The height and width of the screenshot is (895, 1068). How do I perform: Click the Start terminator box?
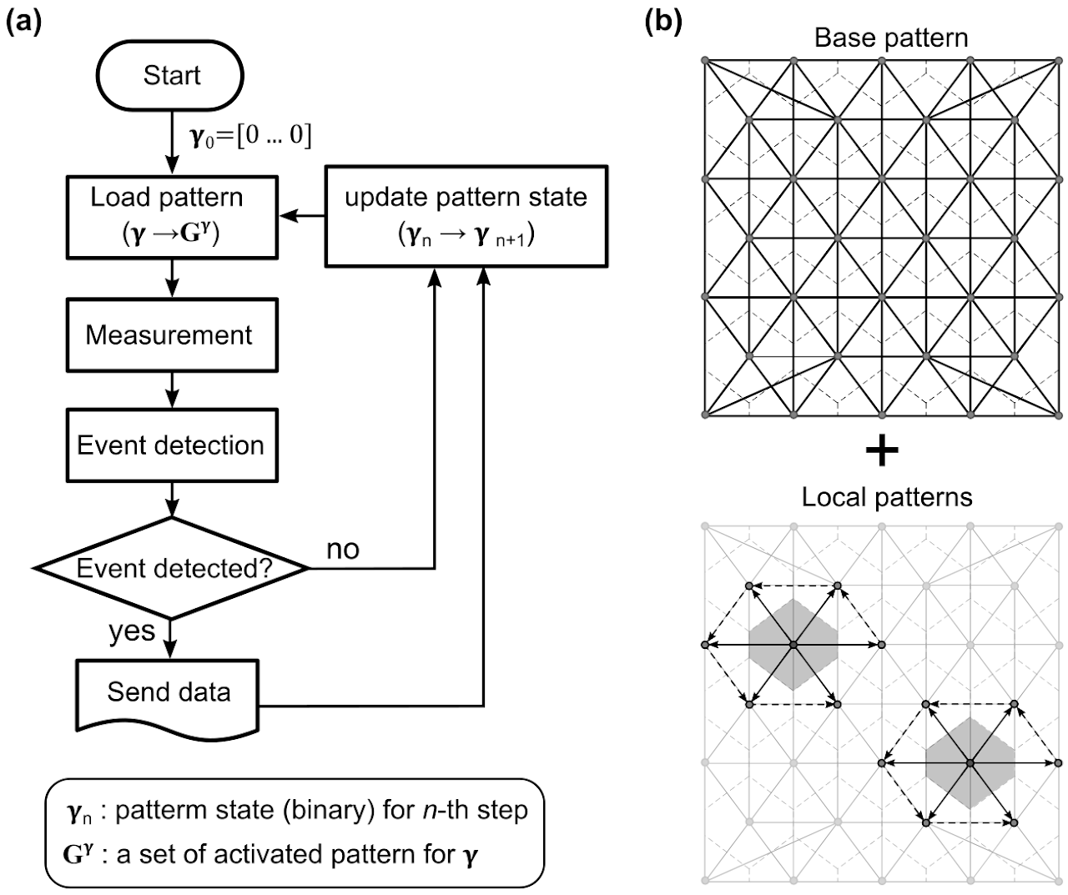tap(171, 75)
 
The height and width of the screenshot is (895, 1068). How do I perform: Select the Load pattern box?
tap(170, 216)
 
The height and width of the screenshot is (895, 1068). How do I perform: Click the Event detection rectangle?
tap(170, 445)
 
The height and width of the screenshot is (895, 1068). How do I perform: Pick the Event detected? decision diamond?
tap(171, 569)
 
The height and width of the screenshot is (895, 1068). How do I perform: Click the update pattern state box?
tap(465, 216)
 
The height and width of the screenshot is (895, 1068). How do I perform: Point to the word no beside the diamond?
tap(342, 549)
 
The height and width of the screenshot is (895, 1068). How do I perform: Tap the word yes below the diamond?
tap(132, 631)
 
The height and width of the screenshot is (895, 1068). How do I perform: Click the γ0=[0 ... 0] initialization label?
tap(250, 136)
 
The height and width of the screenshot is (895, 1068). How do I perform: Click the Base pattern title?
tap(891, 38)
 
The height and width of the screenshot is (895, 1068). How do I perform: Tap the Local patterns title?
tap(886, 498)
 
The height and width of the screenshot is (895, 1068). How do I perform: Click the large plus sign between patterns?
tap(882, 452)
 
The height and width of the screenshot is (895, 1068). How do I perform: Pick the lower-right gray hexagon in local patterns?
tap(970, 762)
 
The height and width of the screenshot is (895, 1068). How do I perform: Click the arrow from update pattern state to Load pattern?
tap(303, 216)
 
